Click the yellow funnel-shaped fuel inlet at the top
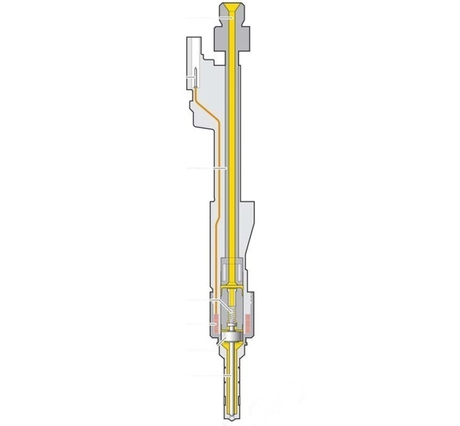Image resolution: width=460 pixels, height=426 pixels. [231, 10]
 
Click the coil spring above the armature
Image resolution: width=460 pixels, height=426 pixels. [231, 315]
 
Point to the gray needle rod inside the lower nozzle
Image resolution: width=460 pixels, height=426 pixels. [231, 374]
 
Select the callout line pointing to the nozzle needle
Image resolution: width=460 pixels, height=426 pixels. [210, 375]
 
